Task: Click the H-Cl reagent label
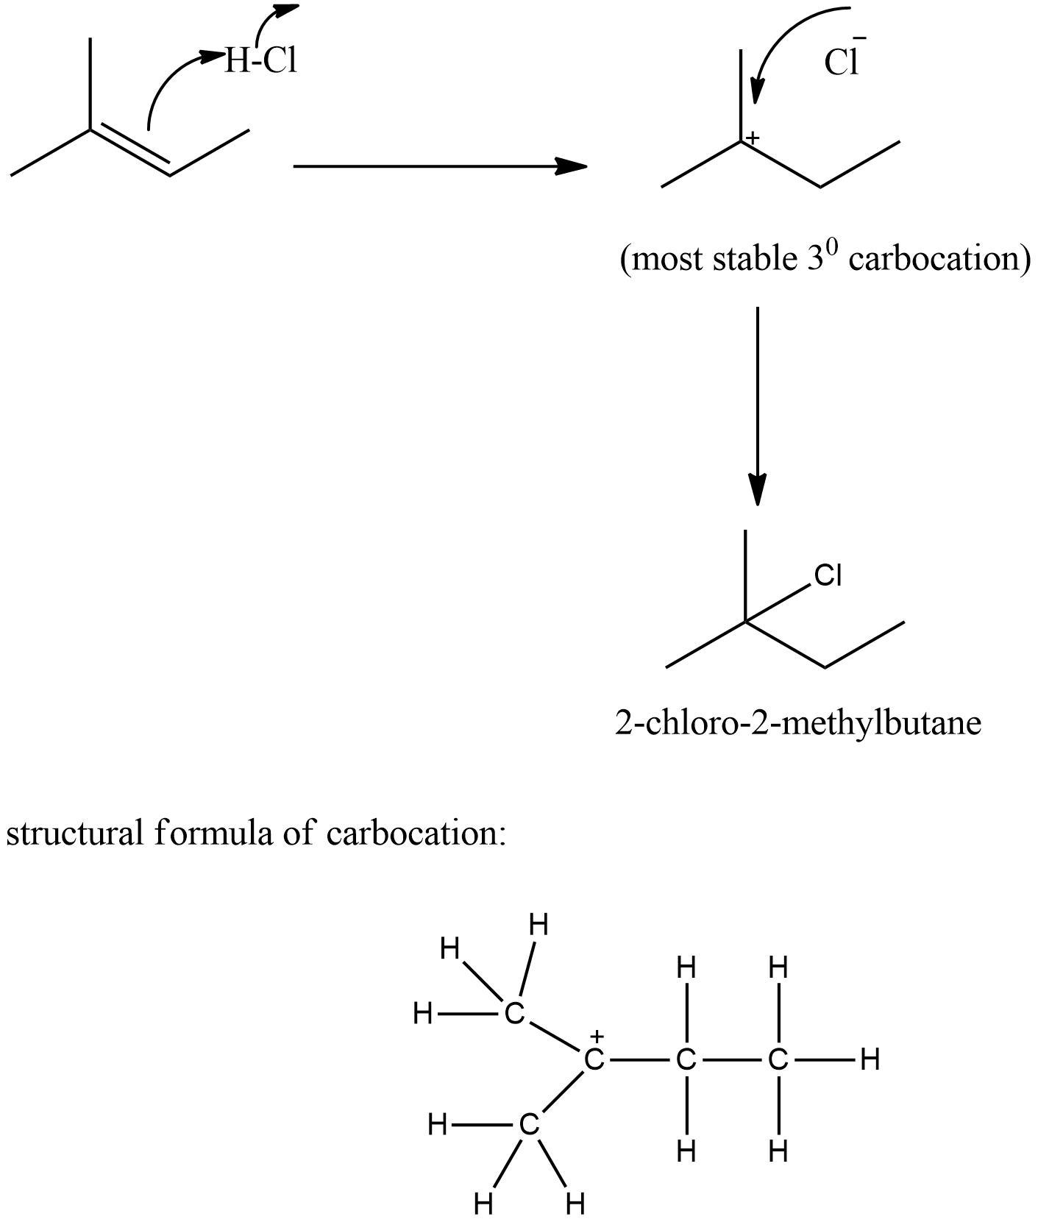coord(260,60)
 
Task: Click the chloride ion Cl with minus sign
coord(843,62)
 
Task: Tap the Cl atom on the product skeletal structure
coord(828,575)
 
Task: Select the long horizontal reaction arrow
coord(439,166)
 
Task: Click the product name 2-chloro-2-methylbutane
coord(798,723)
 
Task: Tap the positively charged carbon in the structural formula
coord(594,1060)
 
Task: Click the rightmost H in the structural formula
coord(870,1060)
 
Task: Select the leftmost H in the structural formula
coord(422,1014)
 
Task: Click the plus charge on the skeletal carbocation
coord(753,138)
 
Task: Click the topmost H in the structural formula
coord(539,925)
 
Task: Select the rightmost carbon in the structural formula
coord(778,1060)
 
